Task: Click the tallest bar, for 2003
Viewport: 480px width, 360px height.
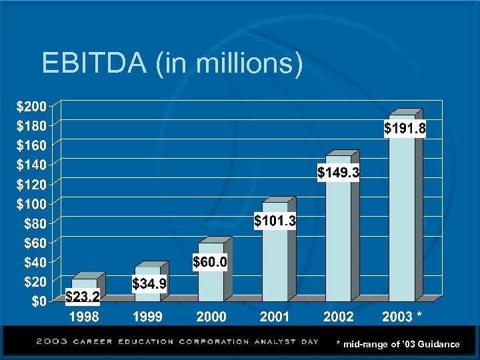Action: click(402, 213)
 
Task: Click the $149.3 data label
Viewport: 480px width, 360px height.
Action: click(339, 173)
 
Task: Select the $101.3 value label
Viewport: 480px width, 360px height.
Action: click(275, 220)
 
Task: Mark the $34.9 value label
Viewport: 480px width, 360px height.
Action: click(149, 285)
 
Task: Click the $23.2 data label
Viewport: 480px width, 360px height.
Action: click(83, 295)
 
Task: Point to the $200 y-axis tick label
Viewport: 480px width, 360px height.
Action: click(31, 106)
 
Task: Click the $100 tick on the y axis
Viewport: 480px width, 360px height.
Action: click(31, 203)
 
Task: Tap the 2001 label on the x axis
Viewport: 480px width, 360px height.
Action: click(275, 316)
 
